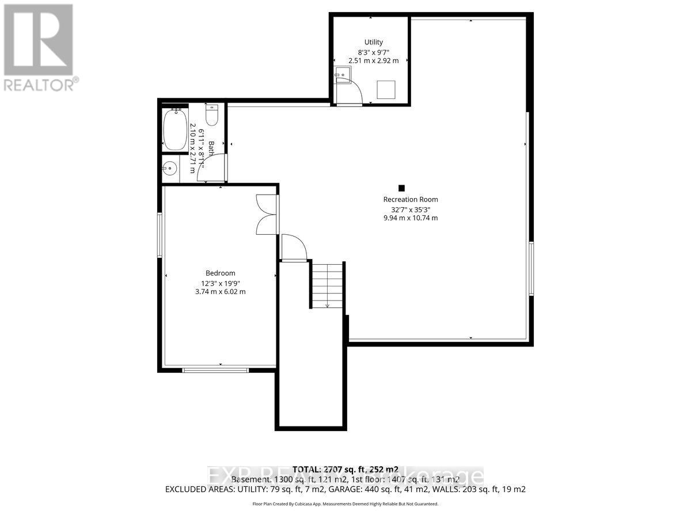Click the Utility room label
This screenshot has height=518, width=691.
coord(373,42)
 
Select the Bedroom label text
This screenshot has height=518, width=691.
coord(221,273)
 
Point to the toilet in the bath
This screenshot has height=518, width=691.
coord(211,115)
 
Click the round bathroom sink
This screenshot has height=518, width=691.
coord(169,169)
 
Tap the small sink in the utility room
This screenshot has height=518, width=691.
coord(342,75)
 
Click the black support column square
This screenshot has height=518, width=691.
coord(402,188)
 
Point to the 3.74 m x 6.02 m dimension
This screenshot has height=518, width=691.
coord(221,292)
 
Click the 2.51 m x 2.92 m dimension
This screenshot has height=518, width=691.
coord(373,60)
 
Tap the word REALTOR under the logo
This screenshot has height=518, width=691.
coord(39,85)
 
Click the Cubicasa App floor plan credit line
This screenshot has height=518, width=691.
coord(345,504)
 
